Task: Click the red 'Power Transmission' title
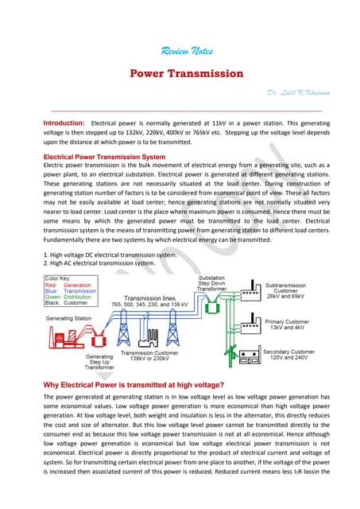pyautogui.click(x=187, y=73)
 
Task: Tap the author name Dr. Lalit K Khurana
pyautogui.click(x=296, y=94)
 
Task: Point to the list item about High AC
pyautogui.click(x=99, y=262)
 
